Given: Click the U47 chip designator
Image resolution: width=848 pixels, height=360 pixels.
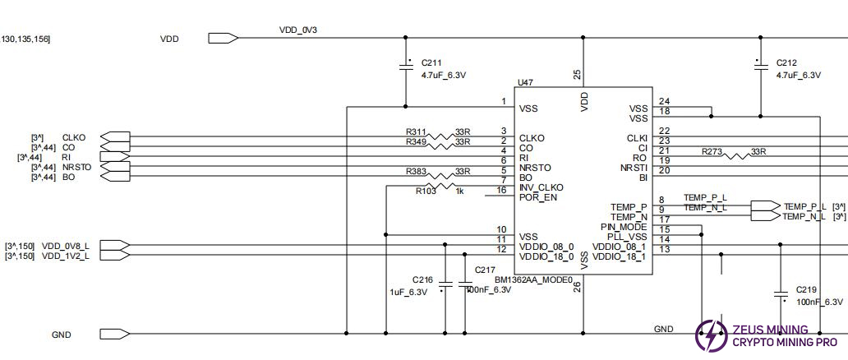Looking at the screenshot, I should click(x=525, y=82).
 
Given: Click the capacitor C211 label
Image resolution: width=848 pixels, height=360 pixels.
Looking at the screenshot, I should click(x=431, y=62).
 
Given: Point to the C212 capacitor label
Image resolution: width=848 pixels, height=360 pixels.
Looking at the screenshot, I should click(x=786, y=62).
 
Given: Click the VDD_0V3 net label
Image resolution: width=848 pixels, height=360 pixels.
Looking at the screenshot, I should click(x=298, y=30).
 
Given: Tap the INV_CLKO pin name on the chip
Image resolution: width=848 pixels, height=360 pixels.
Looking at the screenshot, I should click(x=542, y=188).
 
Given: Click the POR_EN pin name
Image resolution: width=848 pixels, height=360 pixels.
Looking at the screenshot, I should click(x=537, y=197).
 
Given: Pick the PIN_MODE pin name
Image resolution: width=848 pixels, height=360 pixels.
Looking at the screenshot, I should click(x=624, y=227).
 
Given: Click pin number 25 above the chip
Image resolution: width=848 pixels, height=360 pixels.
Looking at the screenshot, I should click(x=577, y=74).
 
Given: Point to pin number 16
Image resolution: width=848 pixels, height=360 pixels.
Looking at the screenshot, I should click(x=501, y=190).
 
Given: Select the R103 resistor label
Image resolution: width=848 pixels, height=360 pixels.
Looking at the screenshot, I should click(x=426, y=191).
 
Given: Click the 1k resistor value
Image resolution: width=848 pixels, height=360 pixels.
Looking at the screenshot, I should click(x=460, y=191).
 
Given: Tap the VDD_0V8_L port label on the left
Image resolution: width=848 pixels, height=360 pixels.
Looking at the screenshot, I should click(x=66, y=246).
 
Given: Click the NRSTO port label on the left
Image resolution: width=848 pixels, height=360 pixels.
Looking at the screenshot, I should click(x=76, y=167).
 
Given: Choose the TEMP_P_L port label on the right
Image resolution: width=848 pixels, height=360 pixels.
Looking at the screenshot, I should click(x=804, y=206).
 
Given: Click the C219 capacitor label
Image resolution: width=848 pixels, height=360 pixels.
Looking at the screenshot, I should click(x=806, y=290).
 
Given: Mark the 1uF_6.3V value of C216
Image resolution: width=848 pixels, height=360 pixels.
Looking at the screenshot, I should click(x=408, y=292).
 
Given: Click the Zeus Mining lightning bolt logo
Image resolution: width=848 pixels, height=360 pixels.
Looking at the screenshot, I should click(x=710, y=335).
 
